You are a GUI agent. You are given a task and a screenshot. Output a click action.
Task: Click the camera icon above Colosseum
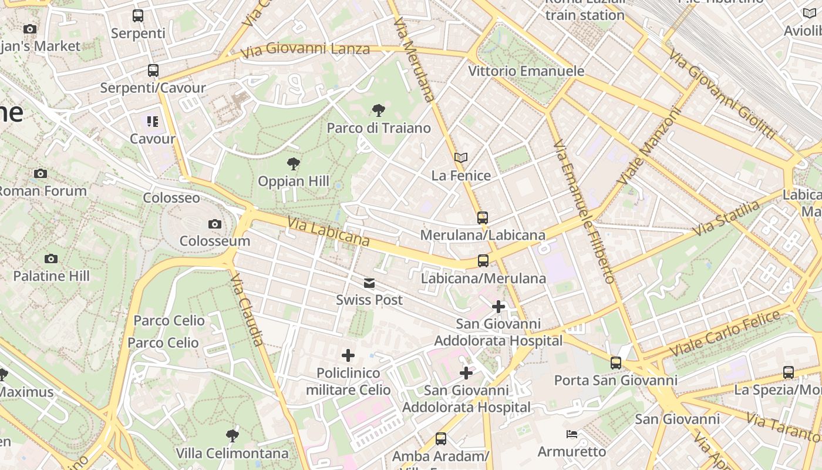click(215, 224)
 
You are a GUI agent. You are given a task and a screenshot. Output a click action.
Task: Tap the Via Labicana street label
click(329, 231)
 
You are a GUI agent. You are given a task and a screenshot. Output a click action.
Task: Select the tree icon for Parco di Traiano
click(379, 110)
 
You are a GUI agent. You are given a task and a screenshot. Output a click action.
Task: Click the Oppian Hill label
click(294, 181)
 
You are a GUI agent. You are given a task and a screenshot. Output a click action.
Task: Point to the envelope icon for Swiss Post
click(369, 284)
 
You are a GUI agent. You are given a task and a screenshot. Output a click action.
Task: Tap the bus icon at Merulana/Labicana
click(483, 218)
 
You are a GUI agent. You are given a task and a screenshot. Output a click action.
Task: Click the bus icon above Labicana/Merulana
click(483, 260)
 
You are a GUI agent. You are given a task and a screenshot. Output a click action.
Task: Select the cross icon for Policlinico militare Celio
click(348, 355)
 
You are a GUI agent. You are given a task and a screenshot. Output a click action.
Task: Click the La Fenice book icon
click(461, 157)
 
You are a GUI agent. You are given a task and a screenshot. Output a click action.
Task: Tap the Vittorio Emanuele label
click(526, 71)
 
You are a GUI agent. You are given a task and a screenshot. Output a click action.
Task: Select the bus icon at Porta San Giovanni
click(615, 363)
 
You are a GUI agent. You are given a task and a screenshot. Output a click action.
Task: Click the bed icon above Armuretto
click(572, 434)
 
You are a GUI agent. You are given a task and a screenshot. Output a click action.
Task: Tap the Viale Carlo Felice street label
click(725, 333)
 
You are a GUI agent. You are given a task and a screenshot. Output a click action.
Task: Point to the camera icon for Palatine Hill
click(51, 258)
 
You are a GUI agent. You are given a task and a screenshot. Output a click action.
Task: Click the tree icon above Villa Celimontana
click(233, 436)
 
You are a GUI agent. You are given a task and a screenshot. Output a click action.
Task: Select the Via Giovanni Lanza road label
click(305, 50)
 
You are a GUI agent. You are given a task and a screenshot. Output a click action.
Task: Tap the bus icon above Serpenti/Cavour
click(153, 70)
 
